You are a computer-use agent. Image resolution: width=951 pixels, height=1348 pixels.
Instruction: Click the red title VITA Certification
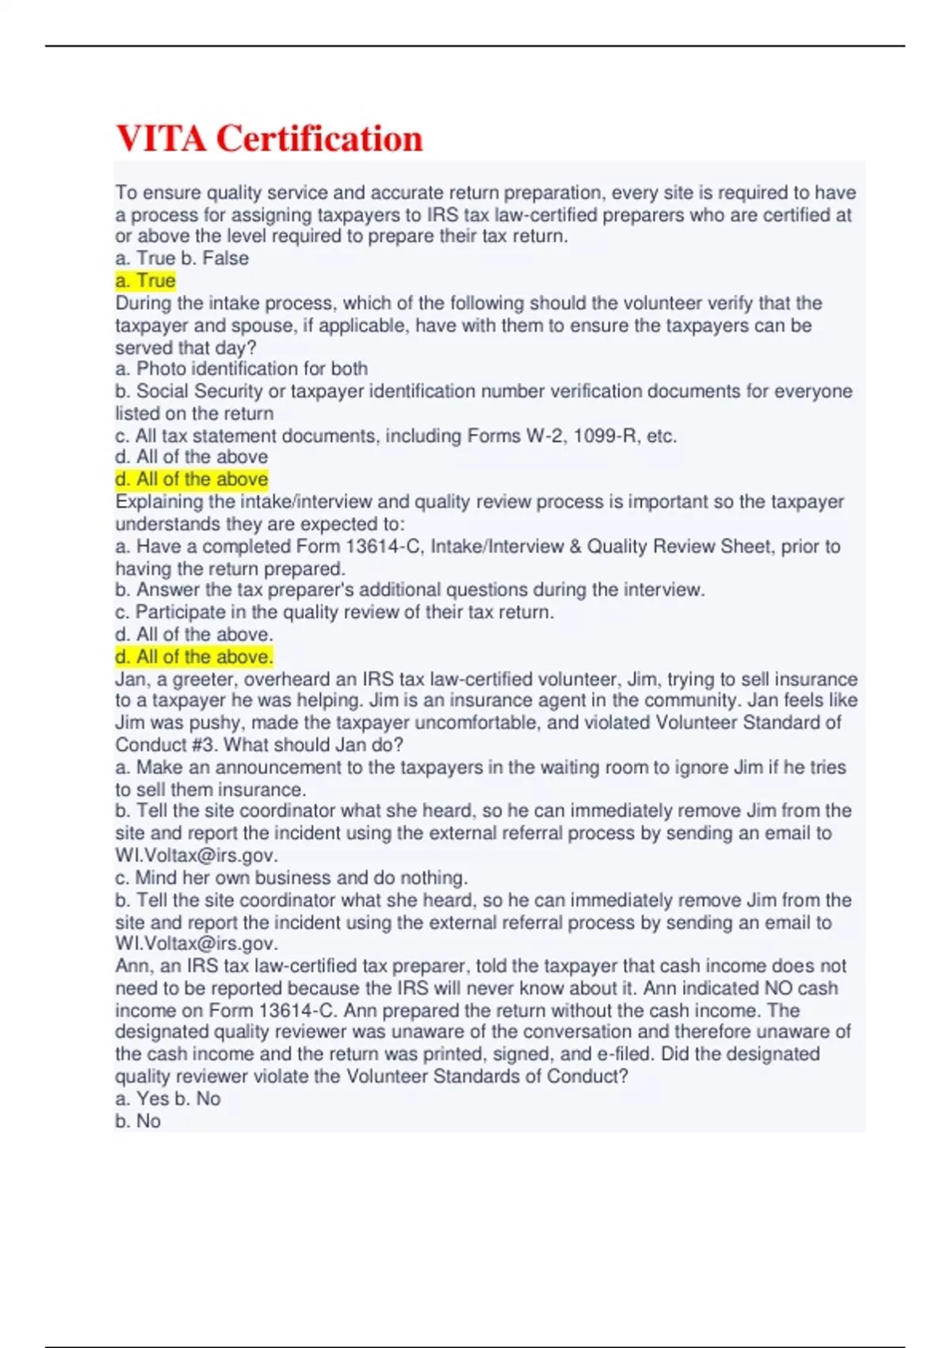point(269,139)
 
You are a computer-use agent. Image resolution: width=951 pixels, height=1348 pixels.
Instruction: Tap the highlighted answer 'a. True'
point(145,281)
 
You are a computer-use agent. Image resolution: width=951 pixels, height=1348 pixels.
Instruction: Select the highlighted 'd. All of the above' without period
point(192,480)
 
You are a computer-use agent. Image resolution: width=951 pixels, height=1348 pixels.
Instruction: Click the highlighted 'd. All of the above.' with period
point(194,657)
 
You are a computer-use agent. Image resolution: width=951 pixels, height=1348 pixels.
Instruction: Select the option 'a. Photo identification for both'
point(242,369)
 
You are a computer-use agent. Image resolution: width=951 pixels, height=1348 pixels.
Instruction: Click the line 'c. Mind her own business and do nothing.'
point(292,878)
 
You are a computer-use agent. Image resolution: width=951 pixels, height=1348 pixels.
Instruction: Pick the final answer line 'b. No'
point(138,1121)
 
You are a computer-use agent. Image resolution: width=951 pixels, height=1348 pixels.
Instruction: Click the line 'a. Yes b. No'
point(168,1099)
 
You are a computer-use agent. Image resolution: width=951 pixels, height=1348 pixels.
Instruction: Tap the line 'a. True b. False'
point(182,258)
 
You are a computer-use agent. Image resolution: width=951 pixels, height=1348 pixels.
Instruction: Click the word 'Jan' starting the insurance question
point(130,680)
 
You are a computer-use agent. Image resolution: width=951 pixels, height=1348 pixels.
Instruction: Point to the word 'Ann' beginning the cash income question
point(132,966)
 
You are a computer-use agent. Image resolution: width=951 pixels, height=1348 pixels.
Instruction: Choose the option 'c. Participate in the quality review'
point(335,612)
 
